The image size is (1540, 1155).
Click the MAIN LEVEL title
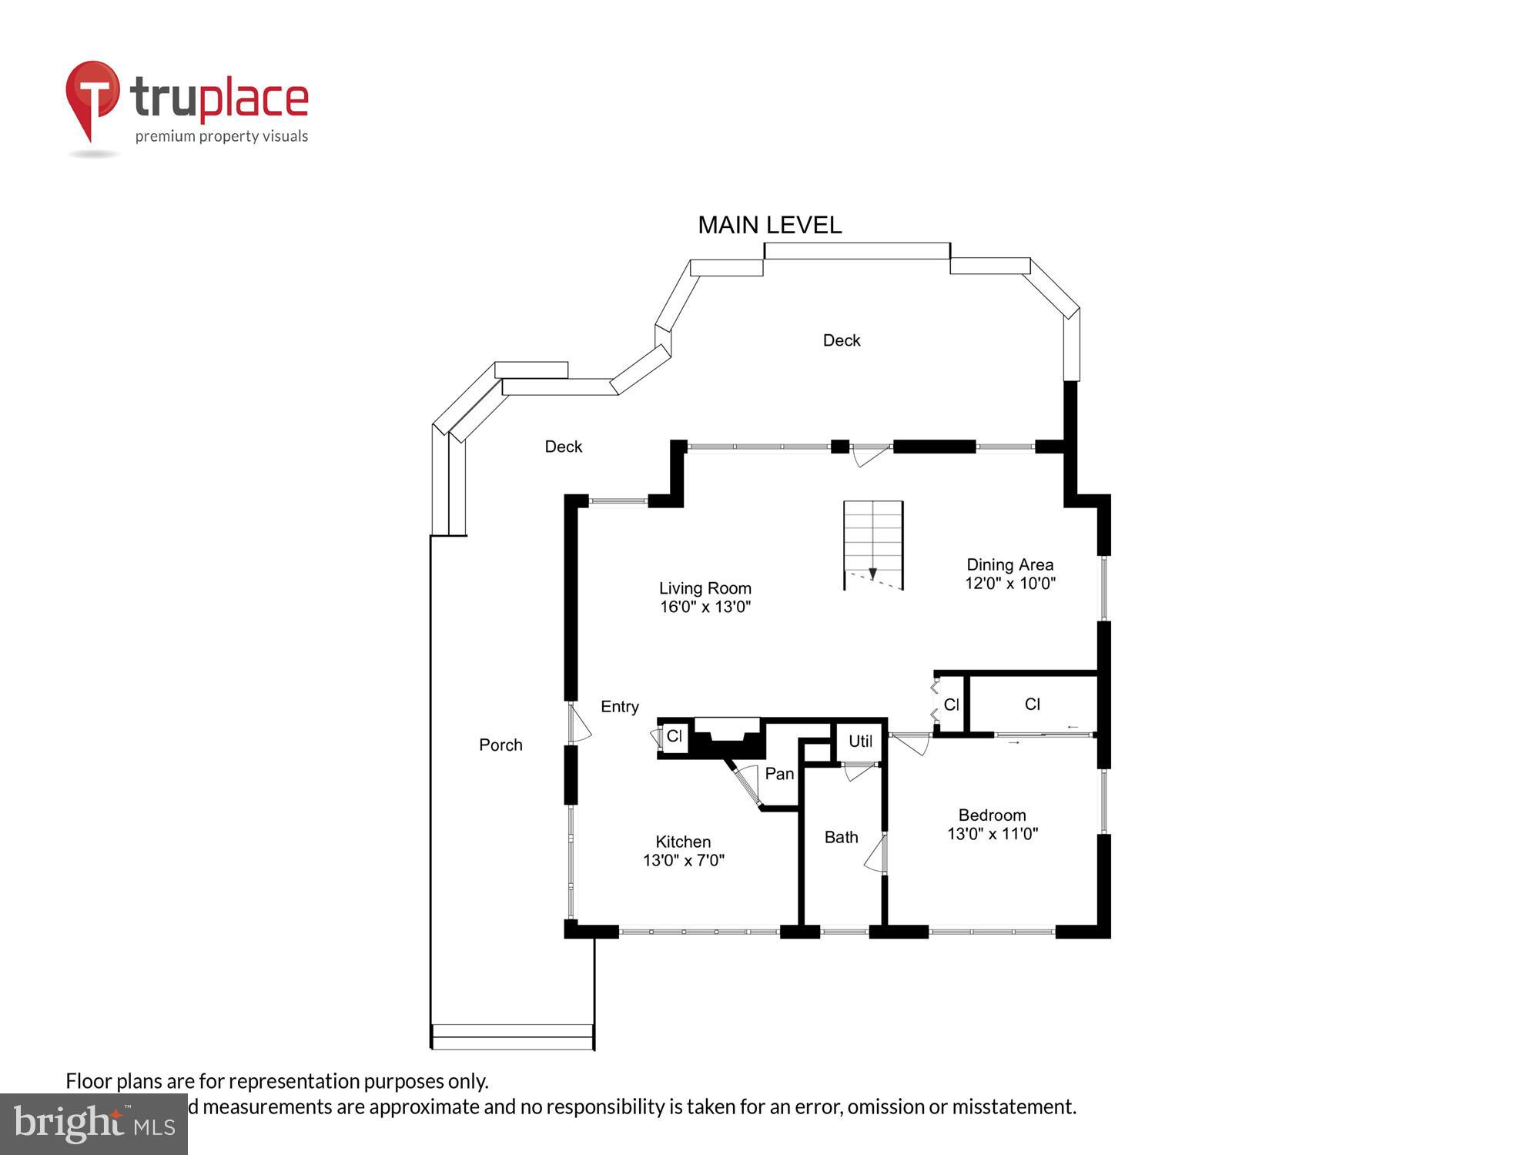(x=769, y=225)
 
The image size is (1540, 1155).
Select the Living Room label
(x=705, y=588)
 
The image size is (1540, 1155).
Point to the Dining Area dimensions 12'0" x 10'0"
(x=1009, y=584)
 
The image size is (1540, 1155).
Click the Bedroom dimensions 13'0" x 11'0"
(x=992, y=834)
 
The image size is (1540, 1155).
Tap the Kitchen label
(x=683, y=842)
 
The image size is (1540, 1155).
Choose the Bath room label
(x=841, y=837)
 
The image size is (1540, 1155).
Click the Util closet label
(x=860, y=741)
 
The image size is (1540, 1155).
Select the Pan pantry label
(x=779, y=774)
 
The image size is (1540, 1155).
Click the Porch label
(x=500, y=745)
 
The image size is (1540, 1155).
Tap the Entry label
(x=620, y=706)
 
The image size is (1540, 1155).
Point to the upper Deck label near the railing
(x=841, y=340)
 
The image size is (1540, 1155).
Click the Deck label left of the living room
(x=563, y=447)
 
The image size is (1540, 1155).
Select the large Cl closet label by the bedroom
(x=1032, y=704)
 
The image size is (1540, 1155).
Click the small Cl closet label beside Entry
(x=675, y=736)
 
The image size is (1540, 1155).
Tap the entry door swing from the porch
(x=580, y=724)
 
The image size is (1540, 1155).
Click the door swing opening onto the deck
(x=870, y=456)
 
